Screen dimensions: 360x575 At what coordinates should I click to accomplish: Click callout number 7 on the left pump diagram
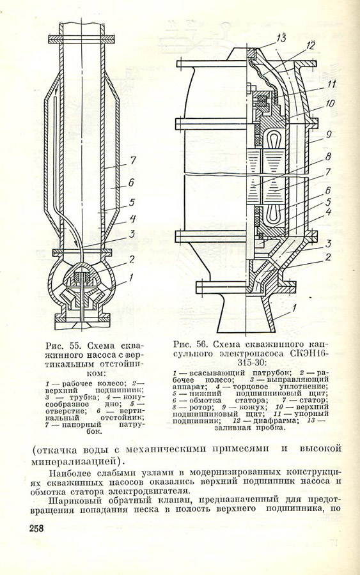point(132,160)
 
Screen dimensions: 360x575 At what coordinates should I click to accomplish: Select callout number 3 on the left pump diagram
point(131,234)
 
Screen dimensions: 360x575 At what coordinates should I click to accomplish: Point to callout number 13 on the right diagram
point(282,38)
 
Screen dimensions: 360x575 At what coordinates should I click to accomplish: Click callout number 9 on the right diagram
point(329,134)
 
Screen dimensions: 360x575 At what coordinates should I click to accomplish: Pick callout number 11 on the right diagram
point(331,84)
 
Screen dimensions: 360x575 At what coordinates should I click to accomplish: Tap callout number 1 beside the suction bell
point(293,309)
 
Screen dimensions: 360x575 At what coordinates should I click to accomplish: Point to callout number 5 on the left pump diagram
point(131,203)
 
